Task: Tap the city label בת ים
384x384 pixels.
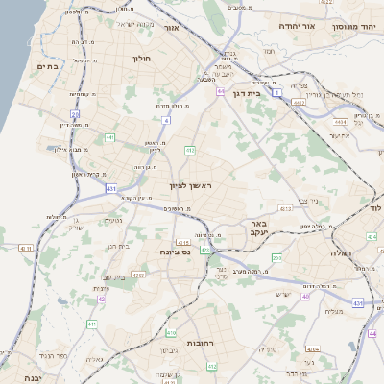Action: click(x=48, y=66)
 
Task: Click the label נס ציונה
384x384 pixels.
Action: click(x=201, y=252)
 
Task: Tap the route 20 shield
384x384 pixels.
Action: click(x=75, y=114)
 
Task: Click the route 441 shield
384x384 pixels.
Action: click(x=109, y=138)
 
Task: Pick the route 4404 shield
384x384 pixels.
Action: click(x=367, y=122)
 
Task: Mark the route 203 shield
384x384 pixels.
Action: click(x=276, y=257)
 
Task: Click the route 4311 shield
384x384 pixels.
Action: click(x=138, y=275)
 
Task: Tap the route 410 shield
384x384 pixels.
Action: click(x=171, y=333)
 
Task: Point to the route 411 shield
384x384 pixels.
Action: click(x=92, y=324)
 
